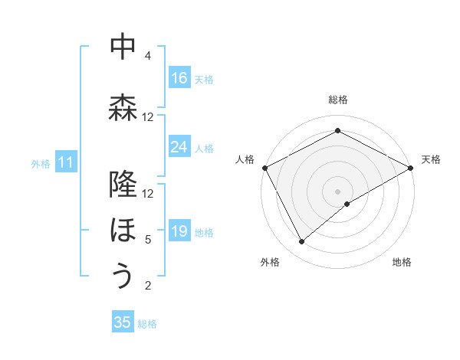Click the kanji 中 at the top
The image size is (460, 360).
[123, 47]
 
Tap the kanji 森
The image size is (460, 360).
[123, 108]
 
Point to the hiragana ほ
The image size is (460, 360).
[123, 229]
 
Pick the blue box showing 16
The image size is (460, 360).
[179, 78]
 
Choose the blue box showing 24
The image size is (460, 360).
[179, 147]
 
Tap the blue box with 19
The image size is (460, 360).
[179, 231]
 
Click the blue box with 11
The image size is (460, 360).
[66, 162]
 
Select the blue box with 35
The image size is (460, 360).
[123, 322]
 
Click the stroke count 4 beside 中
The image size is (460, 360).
[147, 56]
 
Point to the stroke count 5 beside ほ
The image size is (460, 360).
[147, 240]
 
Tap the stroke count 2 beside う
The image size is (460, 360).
[147, 286]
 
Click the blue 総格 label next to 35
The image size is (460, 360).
[147, 324]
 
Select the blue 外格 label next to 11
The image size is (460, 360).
[40, 163]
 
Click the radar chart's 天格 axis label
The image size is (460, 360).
[431, 159]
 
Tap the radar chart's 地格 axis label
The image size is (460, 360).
[402, 262]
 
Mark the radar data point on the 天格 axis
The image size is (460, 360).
[410, 168]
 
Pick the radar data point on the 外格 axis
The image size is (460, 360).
[302, 242]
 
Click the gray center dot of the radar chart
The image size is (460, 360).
[338, 191]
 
